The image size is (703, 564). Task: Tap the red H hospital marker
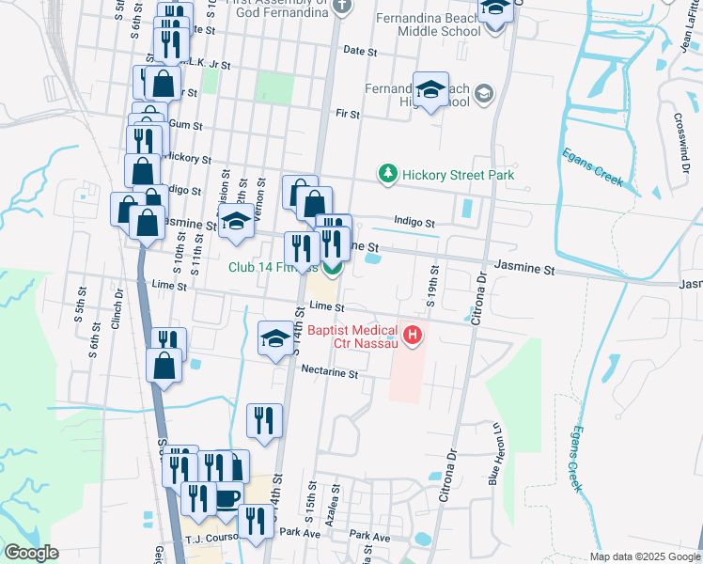pos(411,334)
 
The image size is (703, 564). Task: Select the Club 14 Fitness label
pos(273,267)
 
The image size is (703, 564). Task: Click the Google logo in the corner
pos(31,553)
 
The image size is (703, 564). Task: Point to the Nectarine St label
pos(329,373)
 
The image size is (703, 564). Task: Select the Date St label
pos(359,50)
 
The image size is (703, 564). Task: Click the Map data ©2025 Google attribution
pos(644,556)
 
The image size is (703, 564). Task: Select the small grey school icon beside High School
pos(483,92)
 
